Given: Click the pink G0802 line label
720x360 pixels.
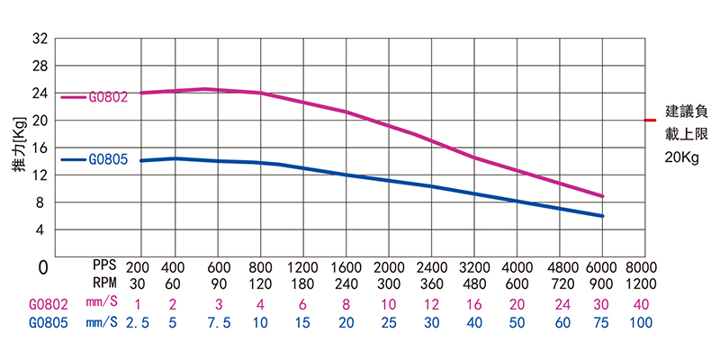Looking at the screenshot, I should click(108, 96).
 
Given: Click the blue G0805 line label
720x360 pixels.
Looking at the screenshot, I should click(108, 159).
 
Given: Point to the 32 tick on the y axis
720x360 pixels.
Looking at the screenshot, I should click(40, 39).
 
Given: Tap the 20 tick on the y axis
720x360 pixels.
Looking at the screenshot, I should click(40, 121).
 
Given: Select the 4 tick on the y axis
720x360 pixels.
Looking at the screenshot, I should click(41, 230).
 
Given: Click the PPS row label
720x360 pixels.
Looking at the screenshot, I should click(105, 267).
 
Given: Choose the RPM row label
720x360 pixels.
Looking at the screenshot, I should click(105, 284).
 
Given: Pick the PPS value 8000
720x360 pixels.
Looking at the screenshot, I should click(641, 267).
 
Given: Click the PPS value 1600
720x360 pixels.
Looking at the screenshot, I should click(346, 267).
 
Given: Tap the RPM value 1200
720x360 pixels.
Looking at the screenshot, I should click(641, 284).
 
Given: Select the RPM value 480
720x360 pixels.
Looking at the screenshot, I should click(474, 284).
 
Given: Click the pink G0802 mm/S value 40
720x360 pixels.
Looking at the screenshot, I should click(641, 303).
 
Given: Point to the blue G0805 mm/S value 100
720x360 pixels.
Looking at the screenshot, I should click(641, 321).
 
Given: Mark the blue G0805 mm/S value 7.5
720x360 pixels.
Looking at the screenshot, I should click(218, 321).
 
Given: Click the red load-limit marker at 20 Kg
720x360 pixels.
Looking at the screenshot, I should click(651, 120).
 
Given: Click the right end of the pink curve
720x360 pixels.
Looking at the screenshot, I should click(602, 196).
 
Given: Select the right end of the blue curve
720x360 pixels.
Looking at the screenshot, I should click(602, 216).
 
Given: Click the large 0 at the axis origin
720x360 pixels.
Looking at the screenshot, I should click(41, 268).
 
